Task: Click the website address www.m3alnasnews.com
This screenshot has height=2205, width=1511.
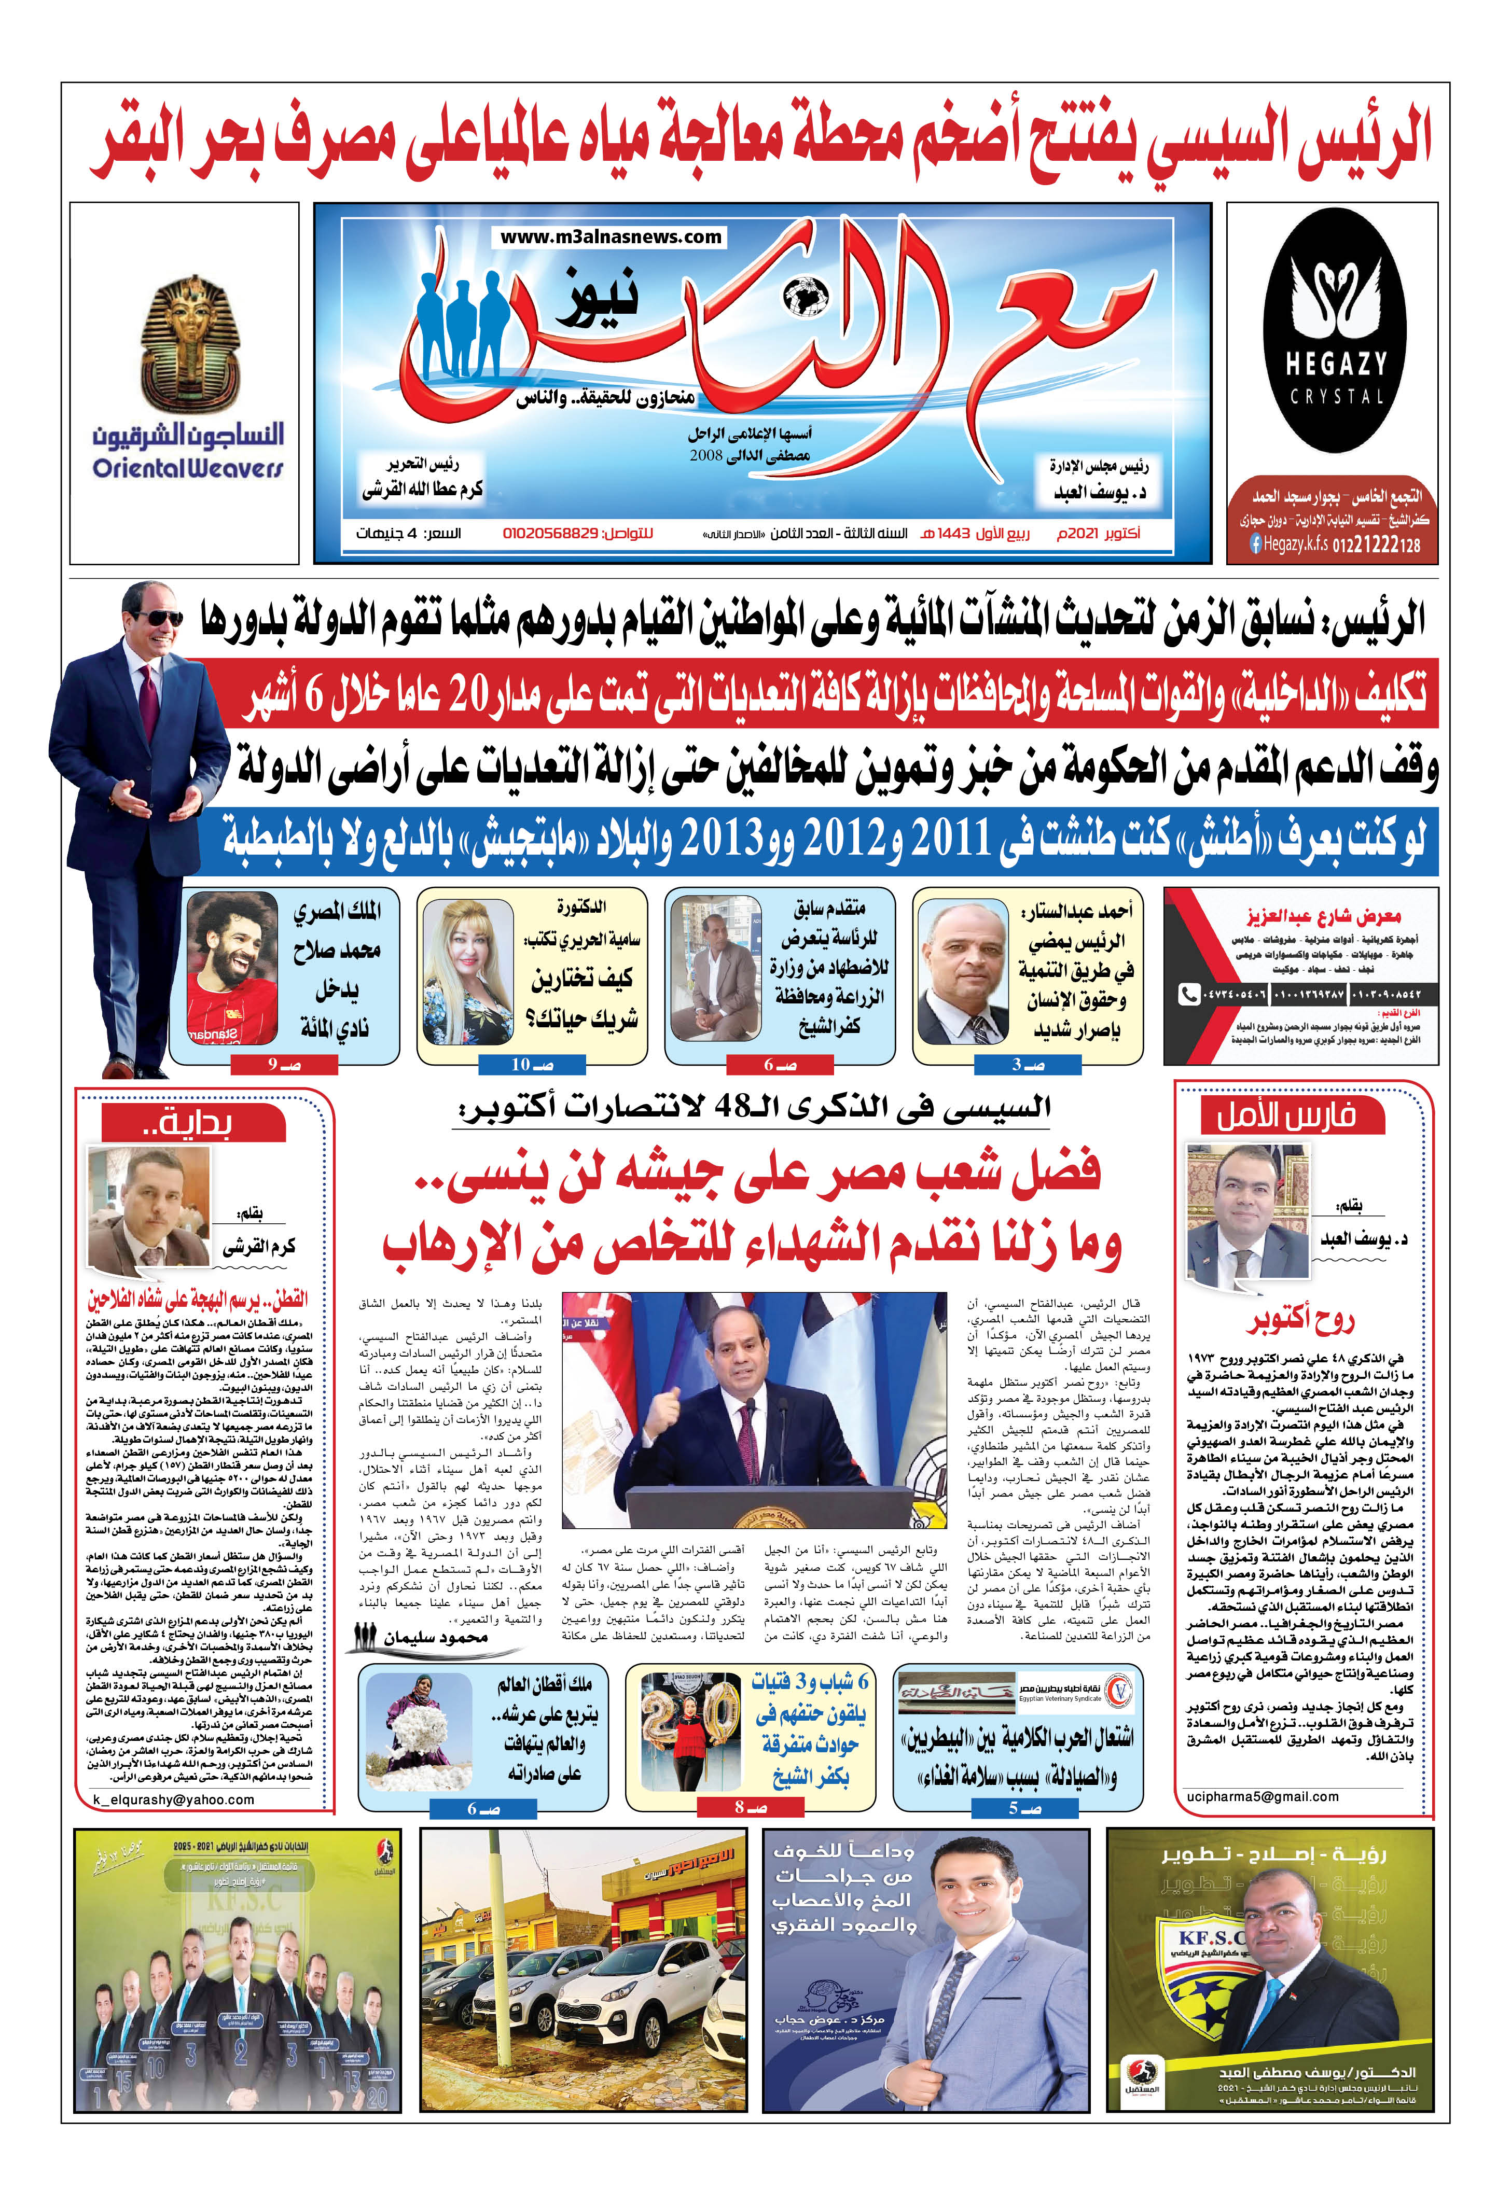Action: click(611, 237)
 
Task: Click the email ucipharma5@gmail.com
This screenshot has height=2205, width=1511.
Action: click(1263, 1796)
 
